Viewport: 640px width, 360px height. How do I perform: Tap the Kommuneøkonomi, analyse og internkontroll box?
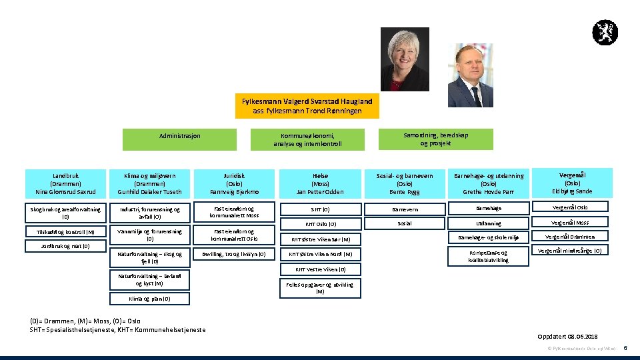(x=307, y=139)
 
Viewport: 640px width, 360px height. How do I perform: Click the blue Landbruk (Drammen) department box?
(x=65, y=183)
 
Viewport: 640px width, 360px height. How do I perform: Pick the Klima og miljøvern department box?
(x=149, y=183)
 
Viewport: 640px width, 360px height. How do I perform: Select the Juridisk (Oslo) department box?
(x=234, y=183)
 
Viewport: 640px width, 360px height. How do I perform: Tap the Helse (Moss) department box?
(x=320, y=183)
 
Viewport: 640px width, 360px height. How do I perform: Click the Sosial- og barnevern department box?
(x=405, y=183)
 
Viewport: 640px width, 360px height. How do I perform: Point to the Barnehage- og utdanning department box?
(x=489, y=183)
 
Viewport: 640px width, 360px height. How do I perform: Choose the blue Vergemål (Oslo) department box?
(x=572, y=182)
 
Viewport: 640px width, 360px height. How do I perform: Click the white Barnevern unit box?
(x=405, y=209)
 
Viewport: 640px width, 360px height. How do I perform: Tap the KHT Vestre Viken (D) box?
(x=320, y=269)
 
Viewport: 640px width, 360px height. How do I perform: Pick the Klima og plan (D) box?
(x=149, y=299)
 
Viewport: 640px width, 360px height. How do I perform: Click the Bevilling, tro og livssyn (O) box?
(x=234, y=254)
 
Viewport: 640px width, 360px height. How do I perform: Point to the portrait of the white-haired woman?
(x=405, y=59)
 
